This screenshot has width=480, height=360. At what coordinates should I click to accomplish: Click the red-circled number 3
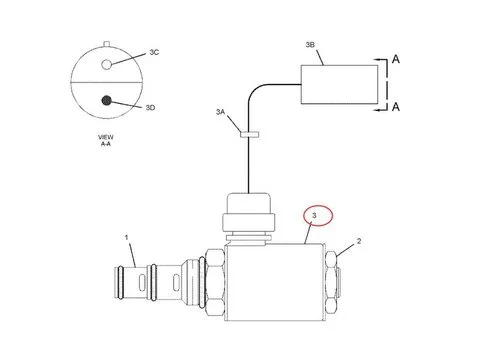[315, 215]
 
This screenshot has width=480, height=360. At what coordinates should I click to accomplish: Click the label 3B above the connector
[312, 45]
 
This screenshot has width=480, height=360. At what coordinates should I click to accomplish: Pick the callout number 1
[127, 237]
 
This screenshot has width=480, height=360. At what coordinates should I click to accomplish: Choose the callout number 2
[359, 241]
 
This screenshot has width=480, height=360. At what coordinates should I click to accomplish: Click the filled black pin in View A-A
[107, 99]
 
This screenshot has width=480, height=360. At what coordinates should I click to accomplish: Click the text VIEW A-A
[106, 141]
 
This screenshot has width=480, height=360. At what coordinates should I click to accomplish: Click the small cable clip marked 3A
[243, 130]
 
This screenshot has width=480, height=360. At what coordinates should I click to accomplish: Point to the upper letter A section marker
[397, 60]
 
